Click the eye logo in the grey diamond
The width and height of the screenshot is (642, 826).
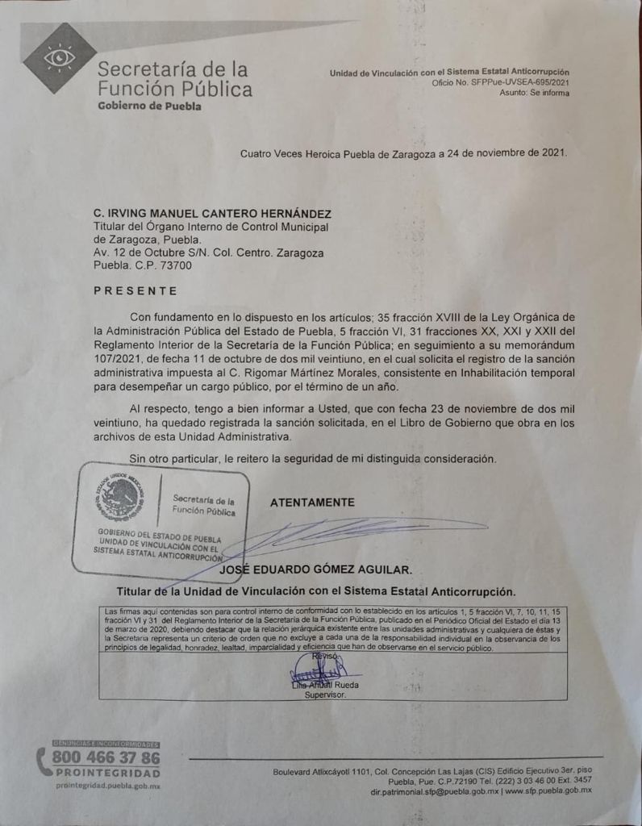(x=60, y=57)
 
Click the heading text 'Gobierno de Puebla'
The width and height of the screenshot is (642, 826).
(x=149, y=106)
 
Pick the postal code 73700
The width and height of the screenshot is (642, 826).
(x=173, y=265)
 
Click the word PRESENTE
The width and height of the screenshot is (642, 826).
(x=135, y=290)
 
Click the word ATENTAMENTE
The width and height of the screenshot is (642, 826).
(x=312, y=503)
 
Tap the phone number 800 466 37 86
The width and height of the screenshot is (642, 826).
(x=106, y=758)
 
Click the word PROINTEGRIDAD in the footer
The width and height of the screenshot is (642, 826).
(x=107, y=774)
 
